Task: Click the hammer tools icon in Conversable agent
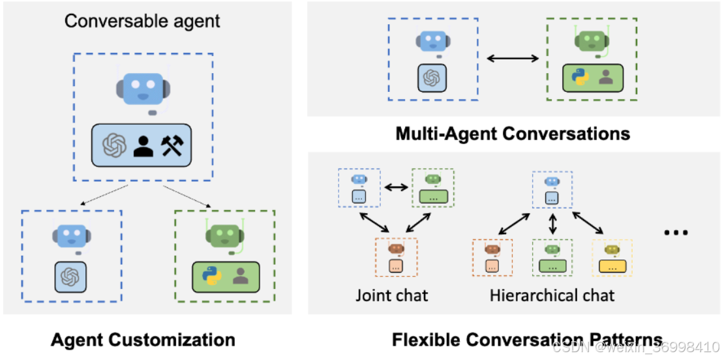tap(172, 146)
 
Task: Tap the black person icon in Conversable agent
tap(143, 146)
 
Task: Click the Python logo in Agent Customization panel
tap(211, 275)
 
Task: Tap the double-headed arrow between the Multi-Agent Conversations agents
tap(513, 58)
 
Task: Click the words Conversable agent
tap(142, 21)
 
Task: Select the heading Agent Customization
tap(143, 339)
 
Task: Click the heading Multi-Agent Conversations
tap(513, 134)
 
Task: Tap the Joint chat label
tap(391, 294)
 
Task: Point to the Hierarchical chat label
tap(552, 294)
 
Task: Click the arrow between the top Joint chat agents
tap(396, 187)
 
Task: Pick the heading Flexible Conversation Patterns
tap(527, 339)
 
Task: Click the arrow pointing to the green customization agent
tap(187, 196)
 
